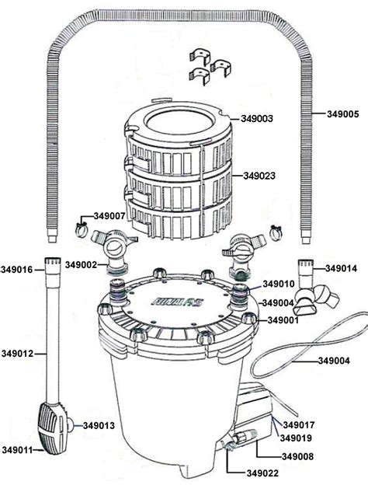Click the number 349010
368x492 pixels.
[279, 284]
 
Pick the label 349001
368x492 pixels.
[284, 319]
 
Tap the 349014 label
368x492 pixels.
[342, 268]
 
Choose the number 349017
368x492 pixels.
[299, 424]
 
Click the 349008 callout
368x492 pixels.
[299, 456]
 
